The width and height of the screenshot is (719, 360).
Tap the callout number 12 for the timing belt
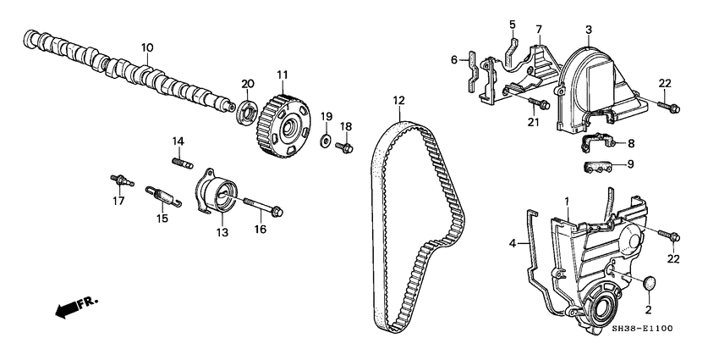(x=397, y=101)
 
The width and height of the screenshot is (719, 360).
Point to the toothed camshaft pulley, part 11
(x=283, y=125)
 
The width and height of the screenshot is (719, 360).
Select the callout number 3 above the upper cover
(x=589, y=30)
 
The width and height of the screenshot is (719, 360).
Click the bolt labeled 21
(x=535, y=104)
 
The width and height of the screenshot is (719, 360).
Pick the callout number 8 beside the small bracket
(x=629, y=144)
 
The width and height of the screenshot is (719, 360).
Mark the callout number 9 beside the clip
(x=629, y=164)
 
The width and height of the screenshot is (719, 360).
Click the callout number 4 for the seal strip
(x=512, y=243)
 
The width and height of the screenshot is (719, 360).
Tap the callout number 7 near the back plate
(x=538, y=30)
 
